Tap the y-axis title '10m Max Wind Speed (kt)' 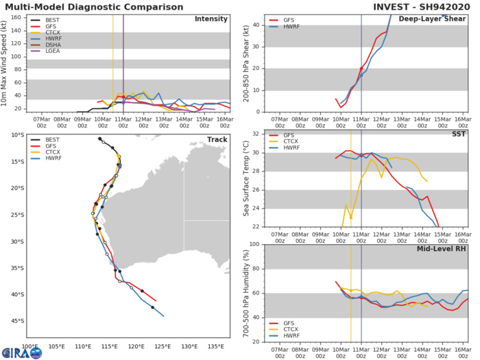[7, 62]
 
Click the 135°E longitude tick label [216, 347]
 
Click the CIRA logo [21, 351]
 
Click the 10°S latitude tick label [15, 135]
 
